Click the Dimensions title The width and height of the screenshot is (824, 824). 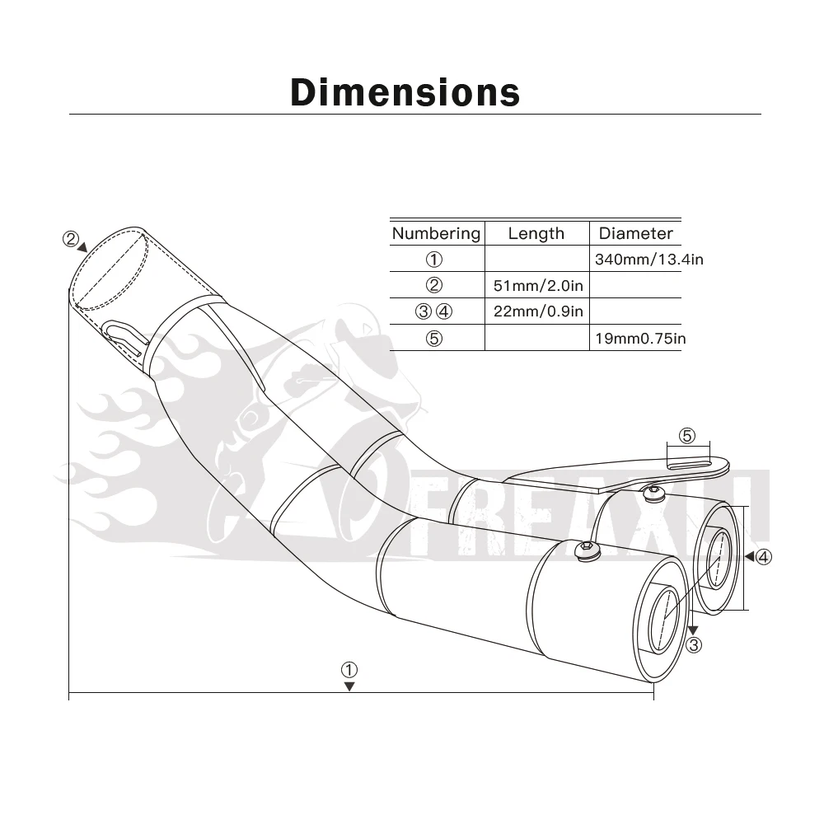405,93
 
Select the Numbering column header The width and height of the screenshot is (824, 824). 436,233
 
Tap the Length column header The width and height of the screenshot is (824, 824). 536,233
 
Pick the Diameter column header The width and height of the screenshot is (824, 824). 636,233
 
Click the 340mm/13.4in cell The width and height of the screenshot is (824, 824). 649,260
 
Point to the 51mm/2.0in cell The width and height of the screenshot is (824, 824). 538,286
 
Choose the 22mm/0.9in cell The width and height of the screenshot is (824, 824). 538,311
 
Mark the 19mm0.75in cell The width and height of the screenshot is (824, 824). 640,339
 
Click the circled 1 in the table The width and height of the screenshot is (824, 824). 434,260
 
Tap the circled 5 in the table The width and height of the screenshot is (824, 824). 434,339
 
